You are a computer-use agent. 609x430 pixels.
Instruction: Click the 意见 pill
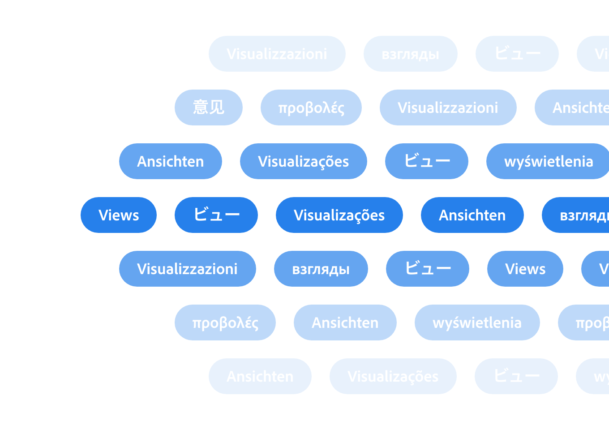click(x=209, y=107)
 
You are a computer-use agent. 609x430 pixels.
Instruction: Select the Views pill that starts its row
click(x=119, y=215)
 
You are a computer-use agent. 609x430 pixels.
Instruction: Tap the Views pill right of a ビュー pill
click(x=525, y=269)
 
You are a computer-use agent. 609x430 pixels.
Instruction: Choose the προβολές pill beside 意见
click(x=311, y=107)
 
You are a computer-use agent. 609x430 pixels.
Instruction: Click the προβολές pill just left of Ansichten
click(x=225, y=322)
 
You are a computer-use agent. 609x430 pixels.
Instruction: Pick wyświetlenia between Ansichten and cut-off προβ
click(x=477, y=322)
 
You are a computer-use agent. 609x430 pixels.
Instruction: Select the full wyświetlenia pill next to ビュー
click(x=548, y=161)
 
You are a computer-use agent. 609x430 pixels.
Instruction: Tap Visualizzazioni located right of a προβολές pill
click(x=448, y=107)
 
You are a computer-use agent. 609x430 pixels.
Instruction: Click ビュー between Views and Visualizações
click(x=216, y=215)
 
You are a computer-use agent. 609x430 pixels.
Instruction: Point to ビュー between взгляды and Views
click(x=428, y=269)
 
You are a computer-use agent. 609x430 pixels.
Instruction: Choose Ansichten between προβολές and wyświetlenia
click(x=345, y=322)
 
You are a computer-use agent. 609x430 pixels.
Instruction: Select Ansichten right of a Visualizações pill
click(x=472, y=215)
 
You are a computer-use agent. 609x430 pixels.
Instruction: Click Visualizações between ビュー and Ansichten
click(x=339, y=215)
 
